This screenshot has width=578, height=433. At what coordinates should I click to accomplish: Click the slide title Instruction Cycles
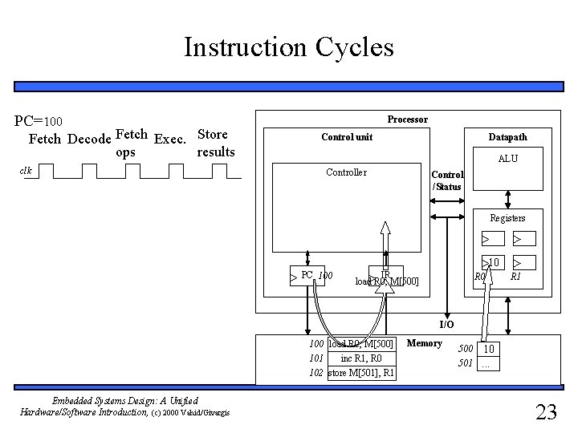pyautogui.click(x=288, y=47)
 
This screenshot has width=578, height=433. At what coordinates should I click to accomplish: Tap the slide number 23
pyautogui.click(x=545, y=412)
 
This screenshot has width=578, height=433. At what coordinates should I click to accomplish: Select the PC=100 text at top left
pyautogui.click(x=45, y=121)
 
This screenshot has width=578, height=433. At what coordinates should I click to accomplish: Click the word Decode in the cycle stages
pyautogui.click(x=89, y=140)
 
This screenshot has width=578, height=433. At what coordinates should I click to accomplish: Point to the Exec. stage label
pyautogui.click(x=169, y=140)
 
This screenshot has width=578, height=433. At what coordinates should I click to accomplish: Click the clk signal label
pyautogui.click(x=27, y=170)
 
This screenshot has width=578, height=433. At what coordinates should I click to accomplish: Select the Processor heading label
pyautogui.click(x=407, y=119)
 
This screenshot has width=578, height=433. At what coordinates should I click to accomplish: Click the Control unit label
pyautogui.click(x=347, y=137)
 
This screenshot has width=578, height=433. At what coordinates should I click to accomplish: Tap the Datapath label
pyautogui.click(x=508, y=137)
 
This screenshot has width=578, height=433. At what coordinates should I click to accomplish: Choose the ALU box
pyautogui.click(x=507, y=159)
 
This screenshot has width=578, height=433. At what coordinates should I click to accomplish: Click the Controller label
pyautogui.click(x=346, y=172)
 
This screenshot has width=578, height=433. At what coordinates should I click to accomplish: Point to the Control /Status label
pyautogui.click(x=446, y=180)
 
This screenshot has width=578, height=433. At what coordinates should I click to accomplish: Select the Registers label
pyautogui.click(x=507, y=217)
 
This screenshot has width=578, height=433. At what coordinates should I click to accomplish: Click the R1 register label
pyautogui.click(x=516, y=277)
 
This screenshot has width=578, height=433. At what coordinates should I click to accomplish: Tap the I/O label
pyautogui.click(x=446, y=324)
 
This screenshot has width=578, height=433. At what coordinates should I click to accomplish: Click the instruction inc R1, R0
pyautogui.click(x=361, y=358)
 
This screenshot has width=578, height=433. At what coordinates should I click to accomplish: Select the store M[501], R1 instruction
pyautogui.click(x=360, y=373)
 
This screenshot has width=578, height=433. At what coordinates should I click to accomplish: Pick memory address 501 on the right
pyautogui.click(x=466, y=363)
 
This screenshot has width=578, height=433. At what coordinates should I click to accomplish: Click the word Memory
pyautogui.click(x=424, y=343)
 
